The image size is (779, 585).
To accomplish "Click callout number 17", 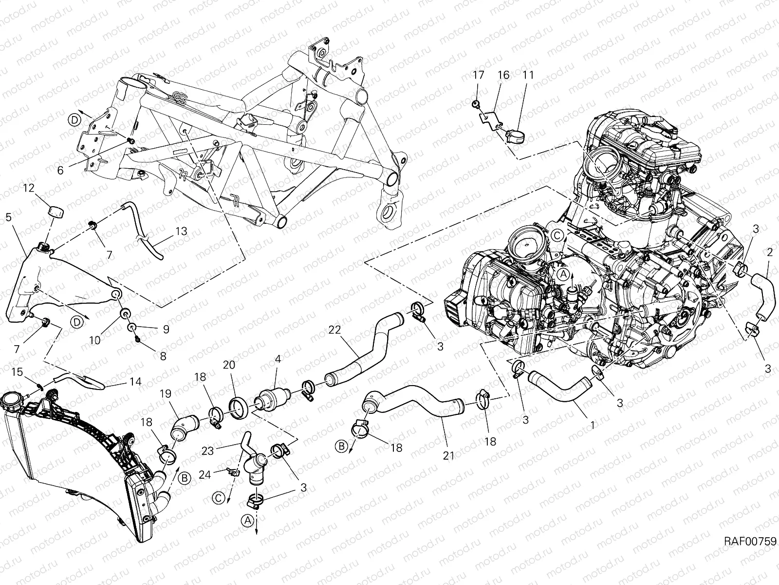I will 478,75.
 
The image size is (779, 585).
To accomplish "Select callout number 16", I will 503,75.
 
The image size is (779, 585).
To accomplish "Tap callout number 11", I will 528,75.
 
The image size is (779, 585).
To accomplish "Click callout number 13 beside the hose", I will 181,232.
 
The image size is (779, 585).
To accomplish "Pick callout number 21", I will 448,456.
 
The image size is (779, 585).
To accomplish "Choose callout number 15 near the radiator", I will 17,372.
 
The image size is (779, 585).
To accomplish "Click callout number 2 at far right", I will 770,253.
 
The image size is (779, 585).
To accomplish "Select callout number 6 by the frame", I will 60,170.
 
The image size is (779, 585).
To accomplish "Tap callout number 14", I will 136,382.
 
